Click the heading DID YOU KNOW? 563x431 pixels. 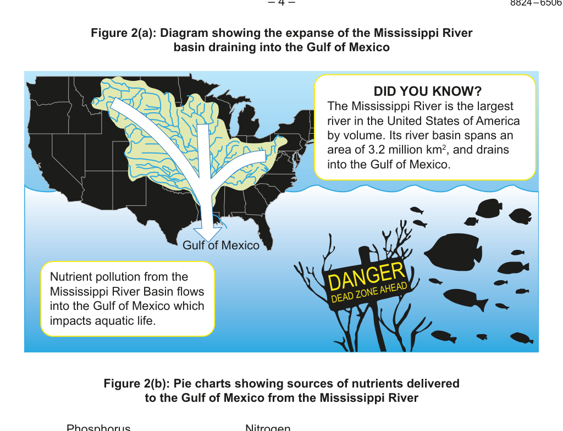[427, 91]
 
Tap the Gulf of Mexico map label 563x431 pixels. [221, 245]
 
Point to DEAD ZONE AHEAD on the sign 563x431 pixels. [369, 293]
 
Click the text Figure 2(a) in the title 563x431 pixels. [123, 33]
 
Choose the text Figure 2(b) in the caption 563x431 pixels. [136, 383]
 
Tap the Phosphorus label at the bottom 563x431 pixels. [98, 428]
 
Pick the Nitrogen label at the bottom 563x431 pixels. [268, 428]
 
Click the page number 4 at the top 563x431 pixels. [281, 3]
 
